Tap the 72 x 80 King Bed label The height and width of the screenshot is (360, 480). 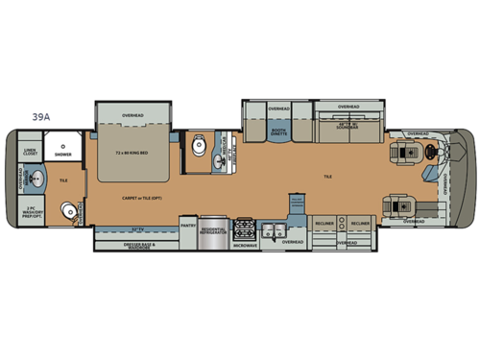(x=132, y=153)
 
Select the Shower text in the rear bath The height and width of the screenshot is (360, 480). (x=63, y=154)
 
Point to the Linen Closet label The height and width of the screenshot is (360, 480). (x=30, y=152)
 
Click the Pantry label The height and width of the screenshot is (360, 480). (x=188, y=227)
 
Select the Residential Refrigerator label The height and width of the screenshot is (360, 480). (x=214, y=229)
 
